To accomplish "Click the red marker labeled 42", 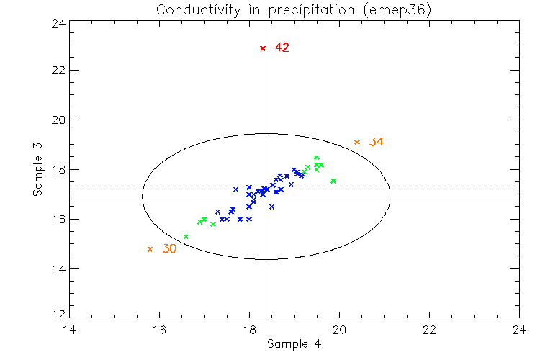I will point(263,48).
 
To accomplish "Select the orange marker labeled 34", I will point(357,143).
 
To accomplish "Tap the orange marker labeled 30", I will point(150,249).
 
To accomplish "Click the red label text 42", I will point(282,48).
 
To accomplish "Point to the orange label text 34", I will point(376,143).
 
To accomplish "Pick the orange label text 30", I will point(169,249).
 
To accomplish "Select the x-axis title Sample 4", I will point(294,344).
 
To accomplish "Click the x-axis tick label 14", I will point(69,330).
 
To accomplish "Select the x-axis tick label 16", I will point(159,330).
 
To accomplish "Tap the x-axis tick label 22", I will point(429,330).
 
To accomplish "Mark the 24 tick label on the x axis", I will point(519,330).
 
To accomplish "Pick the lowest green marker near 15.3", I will point(186,237).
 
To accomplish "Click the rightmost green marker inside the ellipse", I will point(333,181).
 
